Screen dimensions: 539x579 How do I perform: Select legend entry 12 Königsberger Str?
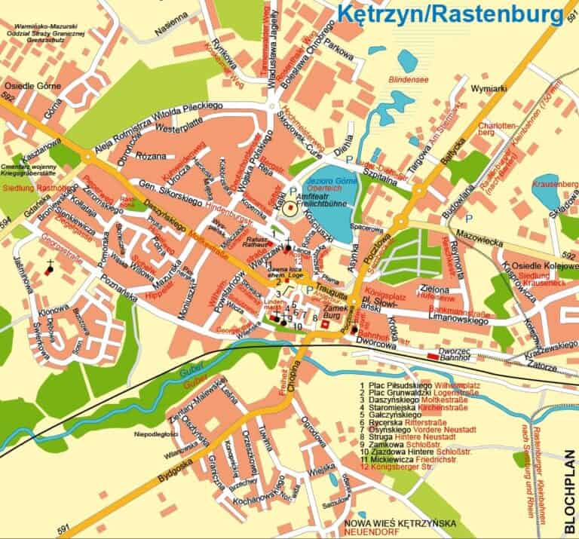click(400, 467)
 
